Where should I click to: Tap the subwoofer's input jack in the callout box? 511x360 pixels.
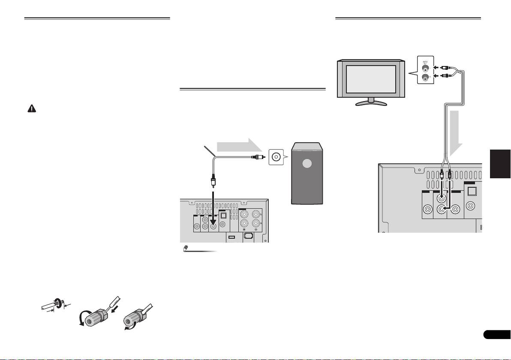[277, 157]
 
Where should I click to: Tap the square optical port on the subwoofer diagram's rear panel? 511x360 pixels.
[223, 216]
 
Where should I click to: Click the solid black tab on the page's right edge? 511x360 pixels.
[499, 163]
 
